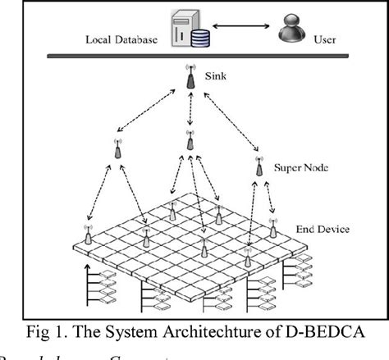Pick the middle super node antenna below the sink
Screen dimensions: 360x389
pyautogui.click(x=190, y=141)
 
